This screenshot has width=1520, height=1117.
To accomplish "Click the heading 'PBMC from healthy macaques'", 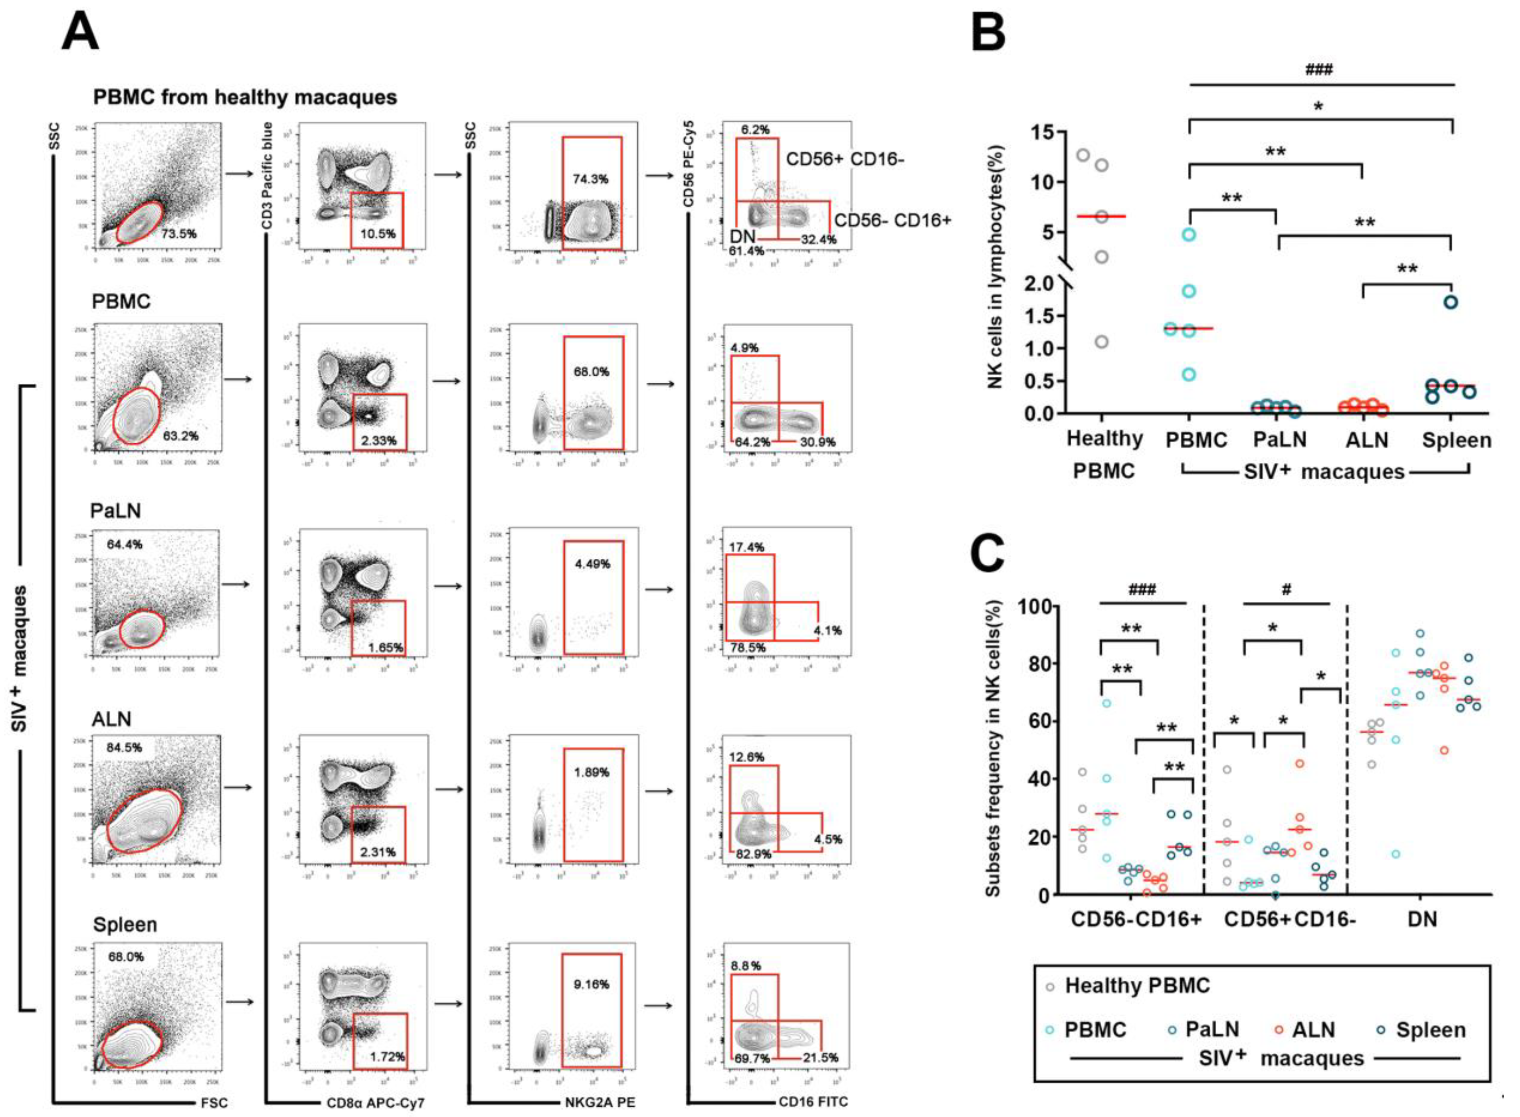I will (245, 97).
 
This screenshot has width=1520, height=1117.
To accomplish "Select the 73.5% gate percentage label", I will (178, 233).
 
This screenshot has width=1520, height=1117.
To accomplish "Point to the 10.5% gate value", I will (379, 234).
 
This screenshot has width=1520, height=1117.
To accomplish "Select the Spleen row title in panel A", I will (125, 924).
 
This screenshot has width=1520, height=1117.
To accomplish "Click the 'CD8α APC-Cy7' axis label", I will (375, 1103).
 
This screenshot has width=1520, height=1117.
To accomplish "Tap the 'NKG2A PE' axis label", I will (600, 1103).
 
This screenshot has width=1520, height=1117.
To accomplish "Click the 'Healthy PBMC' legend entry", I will (1137, 986).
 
